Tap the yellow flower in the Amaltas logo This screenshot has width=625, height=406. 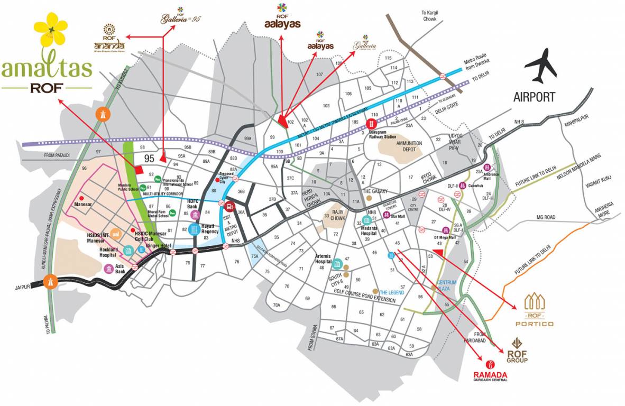(51, 30)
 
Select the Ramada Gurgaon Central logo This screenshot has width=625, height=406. (490, 371)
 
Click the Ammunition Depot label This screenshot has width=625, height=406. (409, 146)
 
